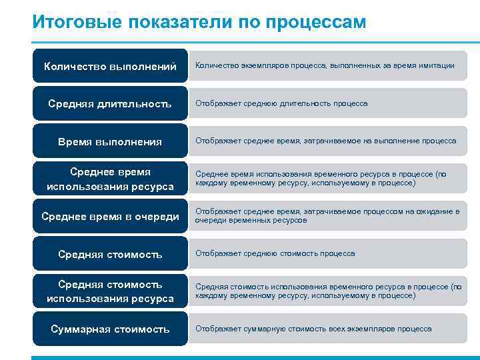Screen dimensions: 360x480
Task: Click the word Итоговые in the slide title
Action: (71, 22)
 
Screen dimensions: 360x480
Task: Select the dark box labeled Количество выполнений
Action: (110, 66)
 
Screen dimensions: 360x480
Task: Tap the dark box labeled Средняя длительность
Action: (110, 103)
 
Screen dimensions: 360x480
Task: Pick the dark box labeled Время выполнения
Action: (110, 141)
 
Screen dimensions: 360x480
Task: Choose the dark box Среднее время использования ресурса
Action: (110, 179)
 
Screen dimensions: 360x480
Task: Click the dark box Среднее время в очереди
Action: (110, 216)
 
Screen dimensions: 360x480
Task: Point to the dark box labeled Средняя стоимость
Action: (110, 254)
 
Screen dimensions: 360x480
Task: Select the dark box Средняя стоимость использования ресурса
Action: (110, 291)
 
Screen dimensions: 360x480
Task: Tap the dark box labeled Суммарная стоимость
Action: (110, 329)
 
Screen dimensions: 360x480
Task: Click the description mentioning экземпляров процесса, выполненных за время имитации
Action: (325, 66)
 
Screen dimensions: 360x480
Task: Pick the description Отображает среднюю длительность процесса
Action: (281, 103)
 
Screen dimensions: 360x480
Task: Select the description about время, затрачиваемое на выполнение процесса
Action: (325, 141)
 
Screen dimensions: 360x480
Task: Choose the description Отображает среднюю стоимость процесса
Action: (275, 254)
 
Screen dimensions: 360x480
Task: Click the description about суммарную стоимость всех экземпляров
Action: (313, 329)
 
